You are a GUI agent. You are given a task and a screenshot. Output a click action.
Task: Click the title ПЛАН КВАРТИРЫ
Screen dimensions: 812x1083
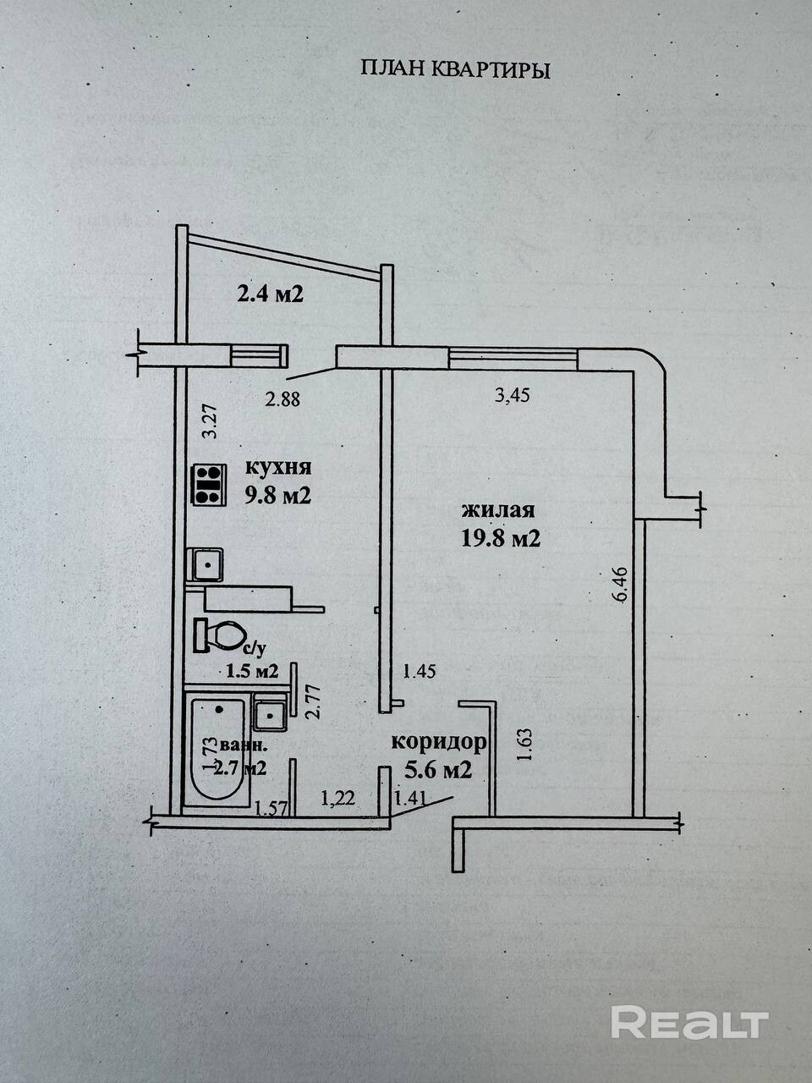pos(455,69)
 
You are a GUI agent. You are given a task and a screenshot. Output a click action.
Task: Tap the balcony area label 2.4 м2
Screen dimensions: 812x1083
pos(268,295)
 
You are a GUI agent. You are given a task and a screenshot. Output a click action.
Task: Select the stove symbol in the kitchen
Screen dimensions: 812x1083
pos(208,486)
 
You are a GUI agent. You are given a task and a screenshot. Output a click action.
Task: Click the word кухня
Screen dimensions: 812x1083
pos(278,467)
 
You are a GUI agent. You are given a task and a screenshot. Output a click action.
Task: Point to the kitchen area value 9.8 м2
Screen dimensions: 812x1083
pos(277,496)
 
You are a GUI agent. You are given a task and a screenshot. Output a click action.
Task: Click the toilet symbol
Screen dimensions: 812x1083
pos(220,635)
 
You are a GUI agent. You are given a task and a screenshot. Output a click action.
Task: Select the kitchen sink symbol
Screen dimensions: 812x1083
pos(206,563)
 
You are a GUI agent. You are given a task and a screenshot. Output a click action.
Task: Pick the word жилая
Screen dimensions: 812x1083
pos(498,510)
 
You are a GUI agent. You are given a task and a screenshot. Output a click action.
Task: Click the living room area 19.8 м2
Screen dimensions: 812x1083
pos(500,539)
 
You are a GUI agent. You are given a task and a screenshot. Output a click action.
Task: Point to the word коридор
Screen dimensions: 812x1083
pos(439,743)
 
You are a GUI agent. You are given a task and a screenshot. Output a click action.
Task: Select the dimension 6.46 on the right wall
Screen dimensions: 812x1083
pos(622,584)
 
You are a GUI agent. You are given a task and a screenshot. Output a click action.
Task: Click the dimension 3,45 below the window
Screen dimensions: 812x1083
pos(512,396)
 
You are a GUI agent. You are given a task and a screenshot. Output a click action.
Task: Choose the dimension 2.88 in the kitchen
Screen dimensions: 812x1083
pos(283,399)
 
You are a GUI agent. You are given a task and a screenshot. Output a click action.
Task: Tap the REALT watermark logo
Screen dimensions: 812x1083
pos(689,1022)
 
